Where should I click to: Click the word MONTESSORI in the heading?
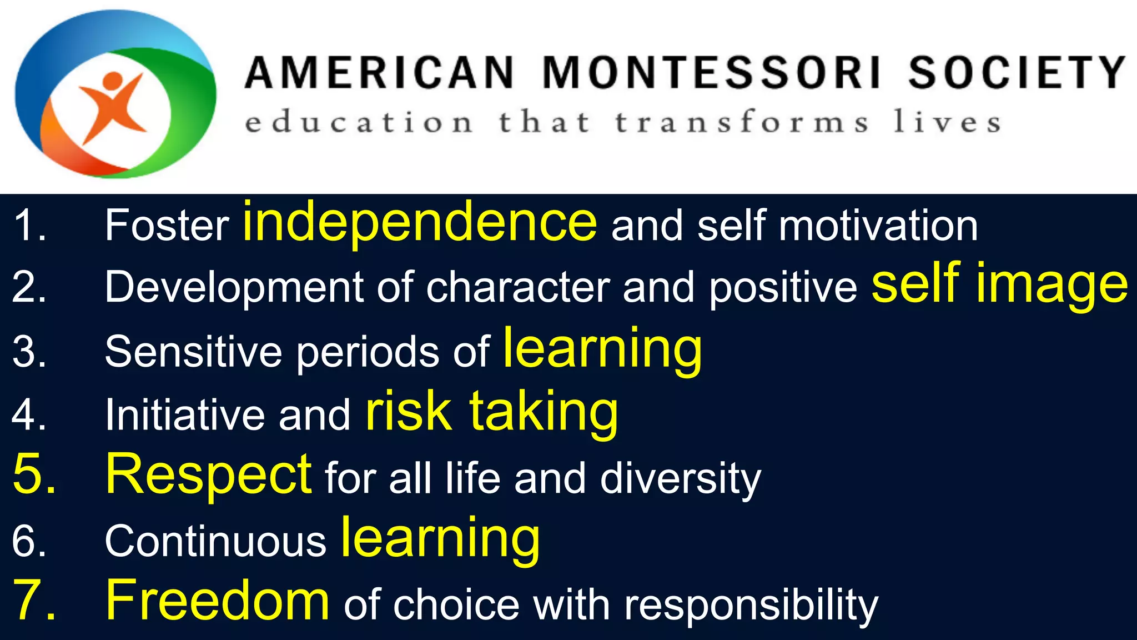(x=712, y=73)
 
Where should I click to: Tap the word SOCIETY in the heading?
(x=1017, y=73)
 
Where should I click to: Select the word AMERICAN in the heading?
(x=380, y=73)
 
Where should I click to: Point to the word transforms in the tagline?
(x=742, y=122)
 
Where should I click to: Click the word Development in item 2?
(x=234, y=288)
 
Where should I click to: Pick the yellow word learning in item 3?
(x=602, y=349)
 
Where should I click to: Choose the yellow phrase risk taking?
(x=491, y=412)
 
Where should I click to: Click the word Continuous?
(x=215, y=541)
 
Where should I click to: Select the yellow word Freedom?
(x=218, y=601)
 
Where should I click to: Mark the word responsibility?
(x=751, y=606)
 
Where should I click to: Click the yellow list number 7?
(x=33, y=601)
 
